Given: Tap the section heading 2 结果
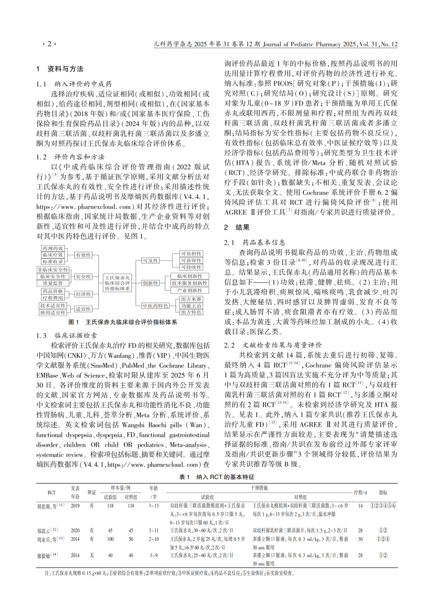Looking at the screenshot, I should tap(237, 227).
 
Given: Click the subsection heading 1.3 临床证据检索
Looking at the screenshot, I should tap(66, 335).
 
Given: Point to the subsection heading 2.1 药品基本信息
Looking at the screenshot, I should tap(254, 242).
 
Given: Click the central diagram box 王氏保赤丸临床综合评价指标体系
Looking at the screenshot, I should tap(117, 283).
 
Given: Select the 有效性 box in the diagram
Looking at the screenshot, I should tap(83, 255).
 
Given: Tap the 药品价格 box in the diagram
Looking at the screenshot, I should tap(53, 291).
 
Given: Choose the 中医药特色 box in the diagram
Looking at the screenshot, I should tap(155, 306).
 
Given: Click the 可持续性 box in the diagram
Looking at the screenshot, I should tap(191, 267).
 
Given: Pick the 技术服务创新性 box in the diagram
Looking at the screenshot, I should tap(189, 283).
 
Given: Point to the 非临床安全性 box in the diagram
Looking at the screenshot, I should tap(53, 270).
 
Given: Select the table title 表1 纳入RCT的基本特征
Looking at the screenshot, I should tap(217, 477).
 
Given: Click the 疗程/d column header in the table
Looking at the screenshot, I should tap(360, 492).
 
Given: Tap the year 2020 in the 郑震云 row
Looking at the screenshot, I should tap(75, 530).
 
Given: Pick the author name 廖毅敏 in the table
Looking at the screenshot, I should tap(47, 555).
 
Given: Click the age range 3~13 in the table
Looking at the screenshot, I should tap(154, 506).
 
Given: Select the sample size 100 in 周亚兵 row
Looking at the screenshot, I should tap(110, 539).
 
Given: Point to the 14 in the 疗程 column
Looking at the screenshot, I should tap(360, 506).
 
